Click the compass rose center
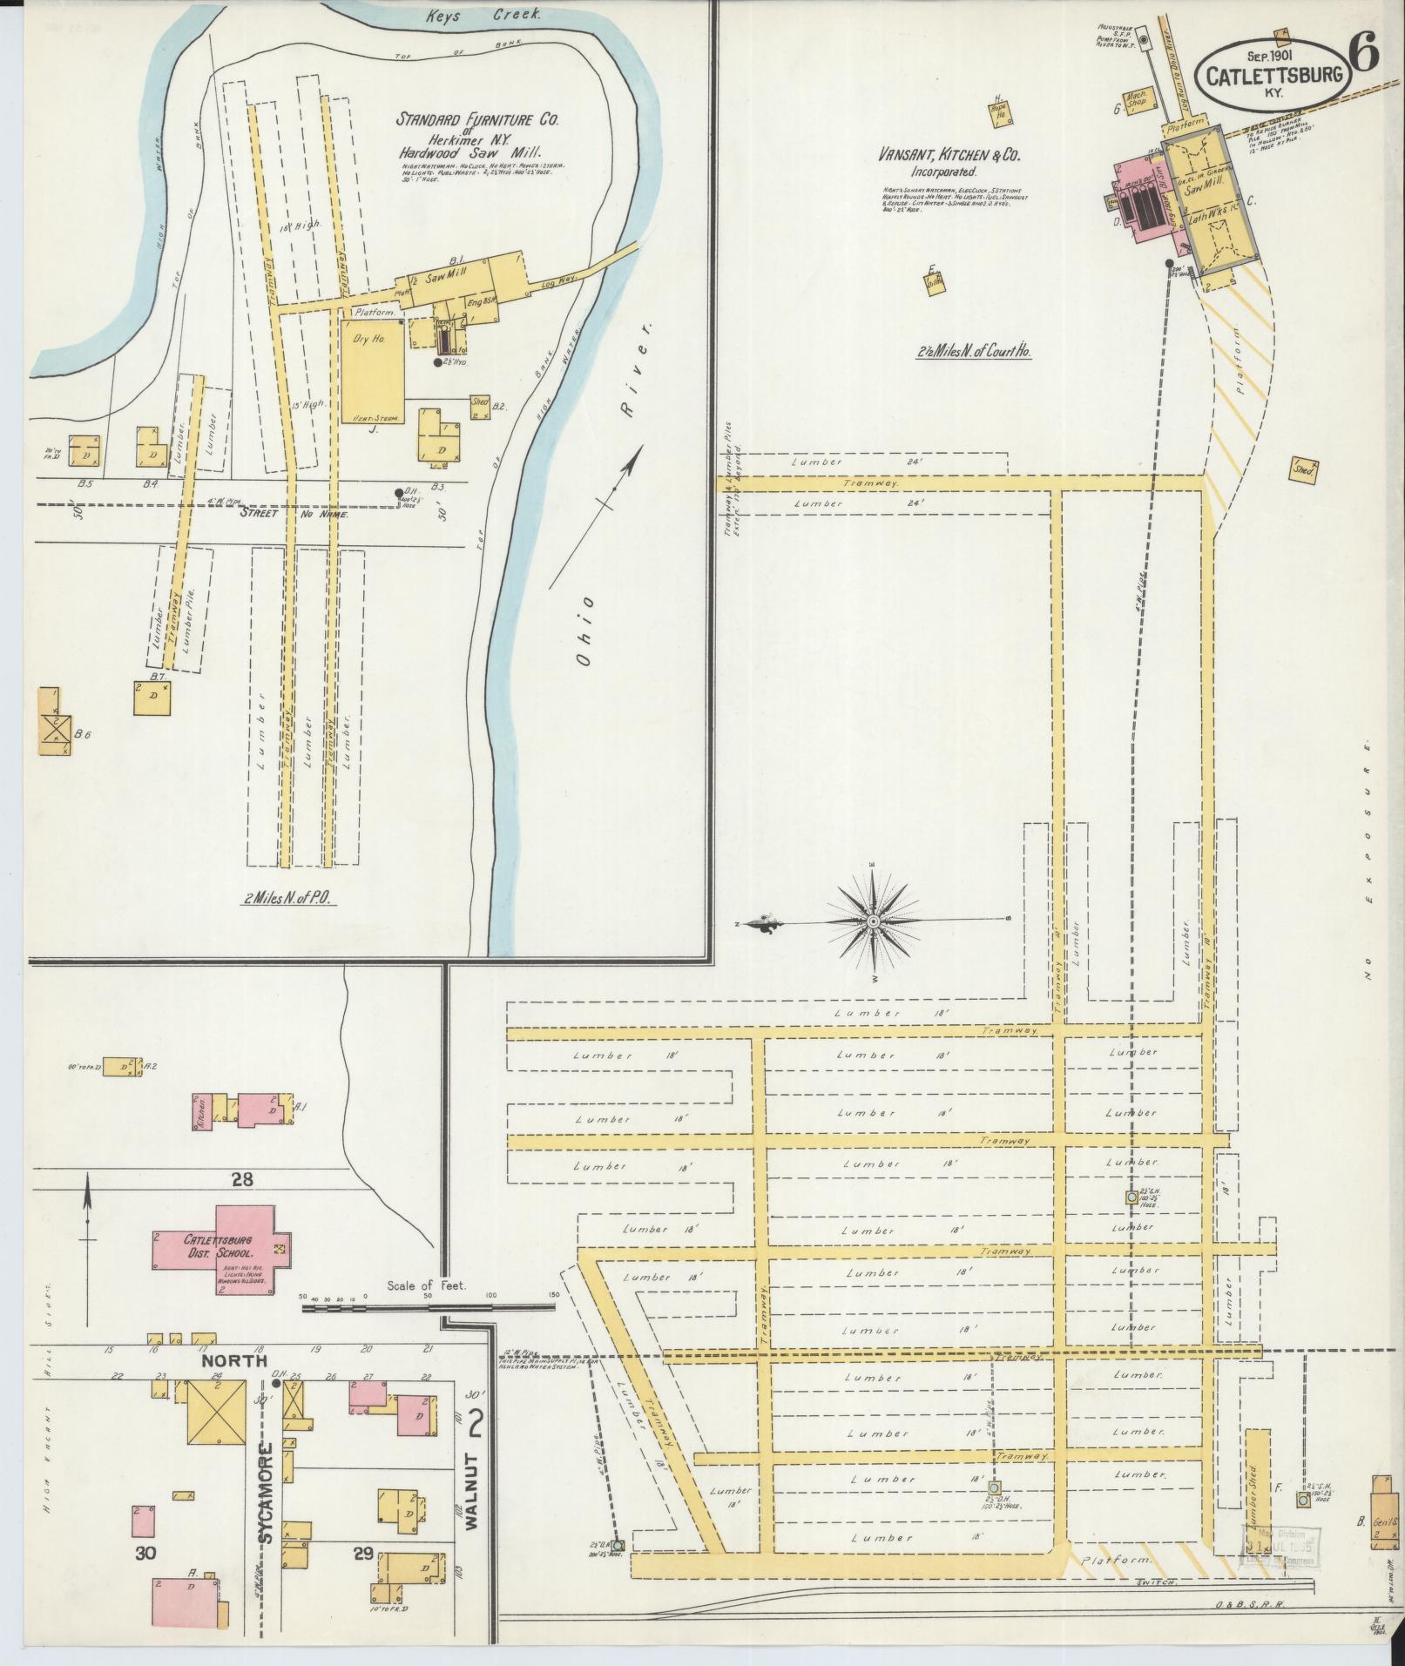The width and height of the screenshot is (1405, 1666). click(872, 921)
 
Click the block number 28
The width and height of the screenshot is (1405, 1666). click(242, 1180)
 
